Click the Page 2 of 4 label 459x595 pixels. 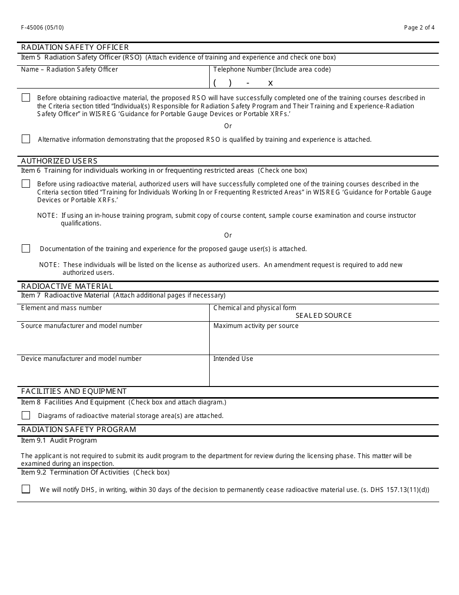coord(419,28)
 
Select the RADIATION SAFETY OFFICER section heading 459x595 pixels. coord(75,47)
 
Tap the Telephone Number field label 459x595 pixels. coord(272,70)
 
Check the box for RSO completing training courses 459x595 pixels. coord(26,98)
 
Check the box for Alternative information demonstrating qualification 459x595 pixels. coord(26,139)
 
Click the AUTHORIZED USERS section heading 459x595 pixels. coord(59,161)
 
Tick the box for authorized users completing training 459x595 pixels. coord(26,184)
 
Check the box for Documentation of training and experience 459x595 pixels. coord(26,249)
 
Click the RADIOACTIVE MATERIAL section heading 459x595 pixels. coord(67,286)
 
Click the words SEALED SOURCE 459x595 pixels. coord(324,316)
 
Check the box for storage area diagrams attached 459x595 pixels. coord(26,416)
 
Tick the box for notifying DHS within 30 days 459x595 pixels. coord(26,489)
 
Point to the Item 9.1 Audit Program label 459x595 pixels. coord(59,441)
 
